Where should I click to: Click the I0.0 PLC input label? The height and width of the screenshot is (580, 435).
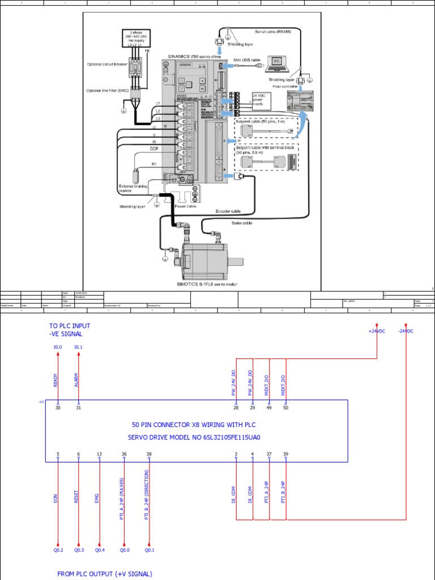click(x=58, y=347)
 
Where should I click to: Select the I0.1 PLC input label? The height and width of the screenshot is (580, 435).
click(x=78, y=347)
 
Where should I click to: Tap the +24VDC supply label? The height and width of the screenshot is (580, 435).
click(x=377, y=331)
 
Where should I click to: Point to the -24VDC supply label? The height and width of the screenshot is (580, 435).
click(x=406, y=331)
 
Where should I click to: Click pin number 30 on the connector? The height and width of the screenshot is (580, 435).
click(x=58, y=407)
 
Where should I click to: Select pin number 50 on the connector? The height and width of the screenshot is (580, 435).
click(x=285, y=407)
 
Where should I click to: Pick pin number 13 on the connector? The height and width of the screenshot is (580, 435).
click(x=100, y=454)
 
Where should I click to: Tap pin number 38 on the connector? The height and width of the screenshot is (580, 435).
click(x=149, y=454)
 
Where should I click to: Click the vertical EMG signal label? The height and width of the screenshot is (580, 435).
click(x=97, y=498)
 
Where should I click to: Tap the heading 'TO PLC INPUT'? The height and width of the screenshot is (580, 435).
click(x=70, y=326)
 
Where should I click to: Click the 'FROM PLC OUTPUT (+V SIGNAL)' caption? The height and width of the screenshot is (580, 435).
click(x=104, y=574)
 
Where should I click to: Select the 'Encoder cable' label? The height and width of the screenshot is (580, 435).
click(x=228, y=211)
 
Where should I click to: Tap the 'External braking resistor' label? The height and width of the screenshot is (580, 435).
click(x=133, y=189)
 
